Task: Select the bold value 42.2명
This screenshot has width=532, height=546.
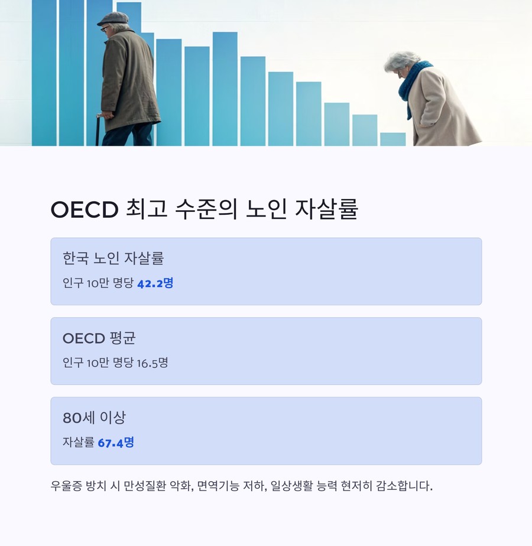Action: pyautogui.click(x=155, y=283)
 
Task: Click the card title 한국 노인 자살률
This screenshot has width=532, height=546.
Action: pyautogui.click(x=113, y=258)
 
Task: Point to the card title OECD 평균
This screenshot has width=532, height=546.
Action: pyautogui.click(x=99, y=338)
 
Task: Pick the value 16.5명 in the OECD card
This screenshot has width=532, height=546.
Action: pyautogui.click(x=153, y=363)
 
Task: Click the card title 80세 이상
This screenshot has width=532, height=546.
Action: pyautogui.click(x=94, y=418)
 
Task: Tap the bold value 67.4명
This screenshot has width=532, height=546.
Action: pyautogui.click(x=116, y=443)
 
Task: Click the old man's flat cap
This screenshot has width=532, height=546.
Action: pyautogui.click(x=113, y=18)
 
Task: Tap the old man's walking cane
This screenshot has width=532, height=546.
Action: pyautogui.click(x=98, y=130)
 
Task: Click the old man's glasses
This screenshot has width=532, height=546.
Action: pyautogui.click(x=105, y=28)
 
